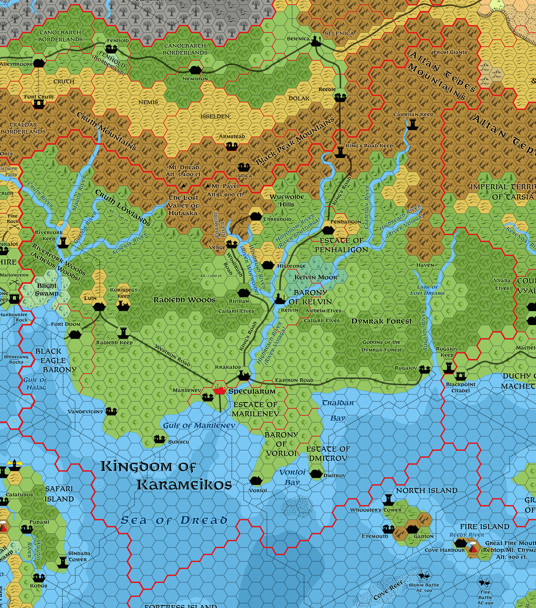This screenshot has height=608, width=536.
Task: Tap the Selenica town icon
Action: click(315, 41)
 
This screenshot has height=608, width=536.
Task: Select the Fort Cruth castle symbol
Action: click(39, 103)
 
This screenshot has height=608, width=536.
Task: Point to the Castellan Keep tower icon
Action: click(412, 124)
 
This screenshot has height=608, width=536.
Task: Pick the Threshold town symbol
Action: click(255, 216)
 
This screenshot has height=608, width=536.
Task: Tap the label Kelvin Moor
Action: click(316, 278)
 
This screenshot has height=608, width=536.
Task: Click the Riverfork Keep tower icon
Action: click(63, 243)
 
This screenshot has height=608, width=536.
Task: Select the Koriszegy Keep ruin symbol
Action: click(123, 305)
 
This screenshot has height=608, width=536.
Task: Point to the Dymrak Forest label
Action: click(381, 321)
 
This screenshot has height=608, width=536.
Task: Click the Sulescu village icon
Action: click(159, 439)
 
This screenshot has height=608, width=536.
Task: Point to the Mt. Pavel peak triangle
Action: click(208, 186)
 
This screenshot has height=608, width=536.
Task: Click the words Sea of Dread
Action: click(174, 521)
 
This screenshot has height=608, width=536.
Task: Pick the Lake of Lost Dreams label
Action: click(427, 290)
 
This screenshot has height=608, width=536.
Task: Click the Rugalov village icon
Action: click(425, 370)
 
